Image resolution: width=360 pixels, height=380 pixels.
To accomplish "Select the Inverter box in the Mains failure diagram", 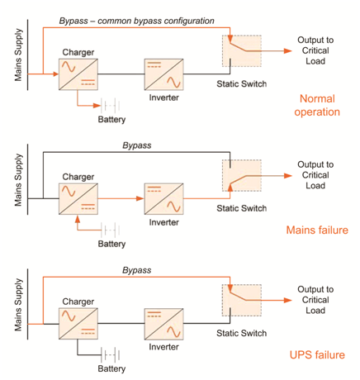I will (163, 199).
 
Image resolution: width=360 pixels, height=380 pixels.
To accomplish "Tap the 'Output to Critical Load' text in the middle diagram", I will (315, 175).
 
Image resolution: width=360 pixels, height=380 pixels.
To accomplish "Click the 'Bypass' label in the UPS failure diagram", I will (136, 270).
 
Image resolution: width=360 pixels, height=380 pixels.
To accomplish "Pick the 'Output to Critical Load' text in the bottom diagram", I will (315, 300).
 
